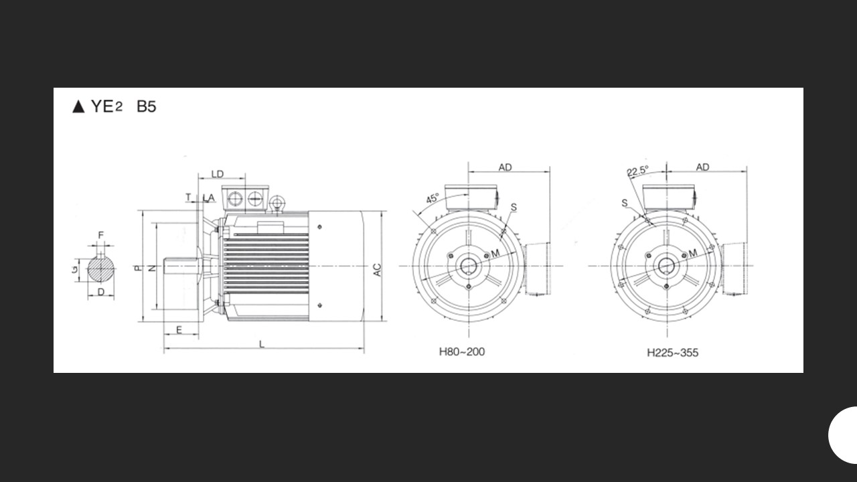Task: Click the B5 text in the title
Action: tap(147, 106)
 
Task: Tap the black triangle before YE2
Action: tap(78, 106)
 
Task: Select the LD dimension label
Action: tap(218, 174)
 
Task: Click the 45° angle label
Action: tap(433, 199)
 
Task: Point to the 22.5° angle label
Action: tap(638, 171)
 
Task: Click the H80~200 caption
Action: tap(462, 351)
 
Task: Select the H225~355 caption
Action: tap(673, 352)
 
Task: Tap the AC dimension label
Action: tap(377, 270)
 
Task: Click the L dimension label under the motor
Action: tap(262, 344)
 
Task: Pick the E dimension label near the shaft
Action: tap(179, 330)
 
